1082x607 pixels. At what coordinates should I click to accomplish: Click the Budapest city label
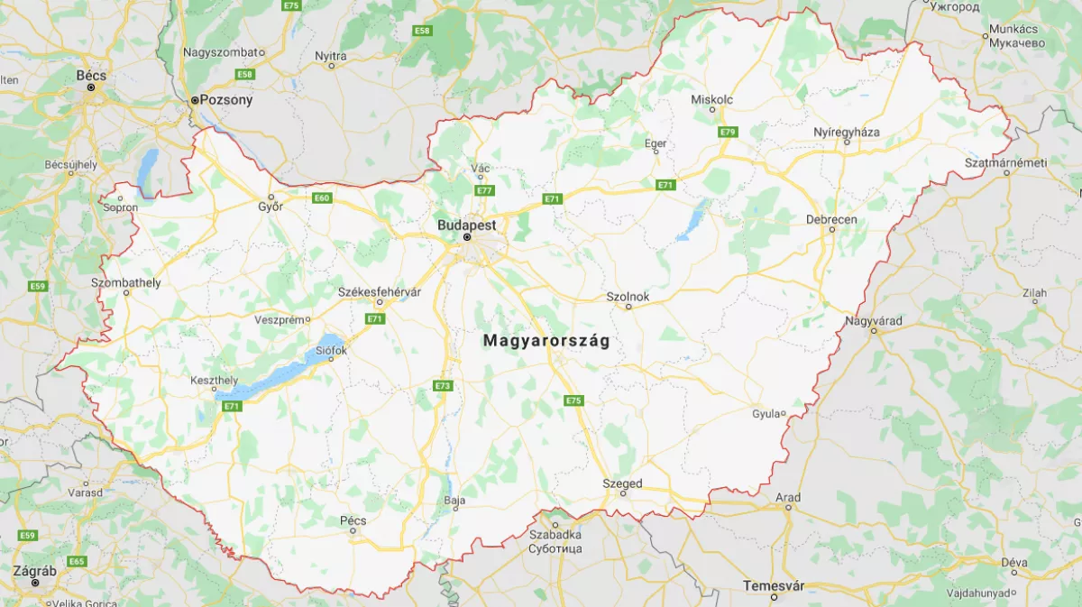[x=466, y=224]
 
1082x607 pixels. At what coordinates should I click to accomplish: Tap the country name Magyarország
[x=546, y=341]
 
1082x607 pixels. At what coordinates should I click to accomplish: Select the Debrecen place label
[x=831, y=219]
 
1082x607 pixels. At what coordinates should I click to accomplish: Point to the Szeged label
[x=622, y=484]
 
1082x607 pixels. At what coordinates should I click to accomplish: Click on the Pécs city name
[x=353, y=520]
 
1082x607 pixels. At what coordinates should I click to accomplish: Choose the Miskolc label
[x=711, y=99]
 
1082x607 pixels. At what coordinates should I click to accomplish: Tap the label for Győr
[x=270, y=207]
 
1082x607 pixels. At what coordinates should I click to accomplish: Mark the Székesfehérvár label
[x=380, y=292]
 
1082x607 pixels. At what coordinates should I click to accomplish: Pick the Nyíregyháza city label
[x=846, y=132]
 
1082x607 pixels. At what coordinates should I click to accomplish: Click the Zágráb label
[x=35, y=571]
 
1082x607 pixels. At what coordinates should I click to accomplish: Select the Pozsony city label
[x=225, y=100]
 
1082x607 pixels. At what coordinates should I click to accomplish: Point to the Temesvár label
[x=773, y=585]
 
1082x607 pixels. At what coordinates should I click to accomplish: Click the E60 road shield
[x=322, y=198]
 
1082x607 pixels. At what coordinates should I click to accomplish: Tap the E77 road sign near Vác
[x=484, y=190]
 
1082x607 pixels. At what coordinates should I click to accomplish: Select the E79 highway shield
[x=728, y=133]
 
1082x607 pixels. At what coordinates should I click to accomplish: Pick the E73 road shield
[x=442, y=386]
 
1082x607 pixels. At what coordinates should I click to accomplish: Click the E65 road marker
[x=77, y=561]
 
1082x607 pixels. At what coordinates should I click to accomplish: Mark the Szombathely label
[x=125, y=282]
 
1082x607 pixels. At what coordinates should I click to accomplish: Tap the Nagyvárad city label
[x=873, y=321]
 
